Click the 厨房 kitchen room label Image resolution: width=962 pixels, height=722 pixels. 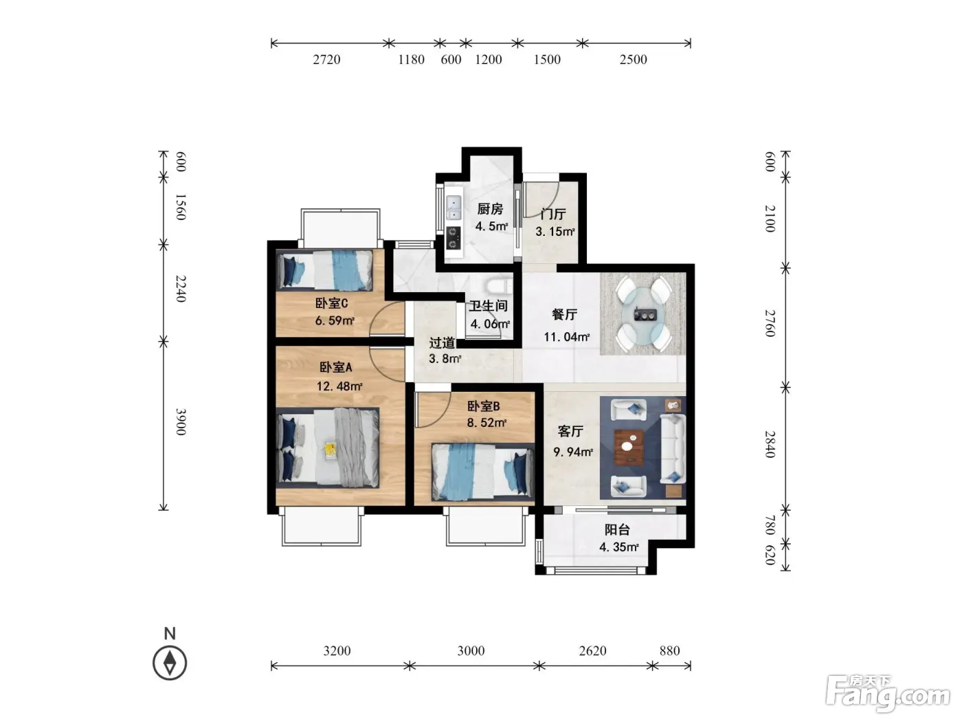click(x=489, y=208)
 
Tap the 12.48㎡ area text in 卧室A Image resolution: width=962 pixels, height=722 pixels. click(x=339, y=386)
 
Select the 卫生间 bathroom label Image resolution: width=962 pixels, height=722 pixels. click(x=488, y=305)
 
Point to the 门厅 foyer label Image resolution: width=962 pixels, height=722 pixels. click(x=553, y=214)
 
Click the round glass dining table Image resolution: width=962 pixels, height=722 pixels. click(x=644, y=314)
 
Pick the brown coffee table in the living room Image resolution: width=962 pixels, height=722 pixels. click(x=629, y=447)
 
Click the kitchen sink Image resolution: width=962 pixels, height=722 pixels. click(x=454, y=208)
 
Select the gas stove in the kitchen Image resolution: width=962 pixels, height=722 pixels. click(x=453, y=238)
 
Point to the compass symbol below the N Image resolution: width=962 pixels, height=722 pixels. click(x=170, y=662)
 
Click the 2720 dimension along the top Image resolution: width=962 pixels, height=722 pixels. click(x=326, y=59)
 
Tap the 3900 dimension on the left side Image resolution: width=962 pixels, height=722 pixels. click(x=181, y=422)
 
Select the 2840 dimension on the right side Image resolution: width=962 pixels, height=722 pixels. click(x=770, y=444)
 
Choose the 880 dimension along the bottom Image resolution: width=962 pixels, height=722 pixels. click(x=670, y=650)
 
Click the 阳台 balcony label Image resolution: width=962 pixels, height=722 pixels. click(x=617, y=529)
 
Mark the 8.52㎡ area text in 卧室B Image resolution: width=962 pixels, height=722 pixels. click(x=487, y=423)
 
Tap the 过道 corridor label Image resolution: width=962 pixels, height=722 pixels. click(x=442, y=343)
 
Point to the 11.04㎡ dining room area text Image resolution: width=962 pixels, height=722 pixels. click(x=567, y=337)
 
